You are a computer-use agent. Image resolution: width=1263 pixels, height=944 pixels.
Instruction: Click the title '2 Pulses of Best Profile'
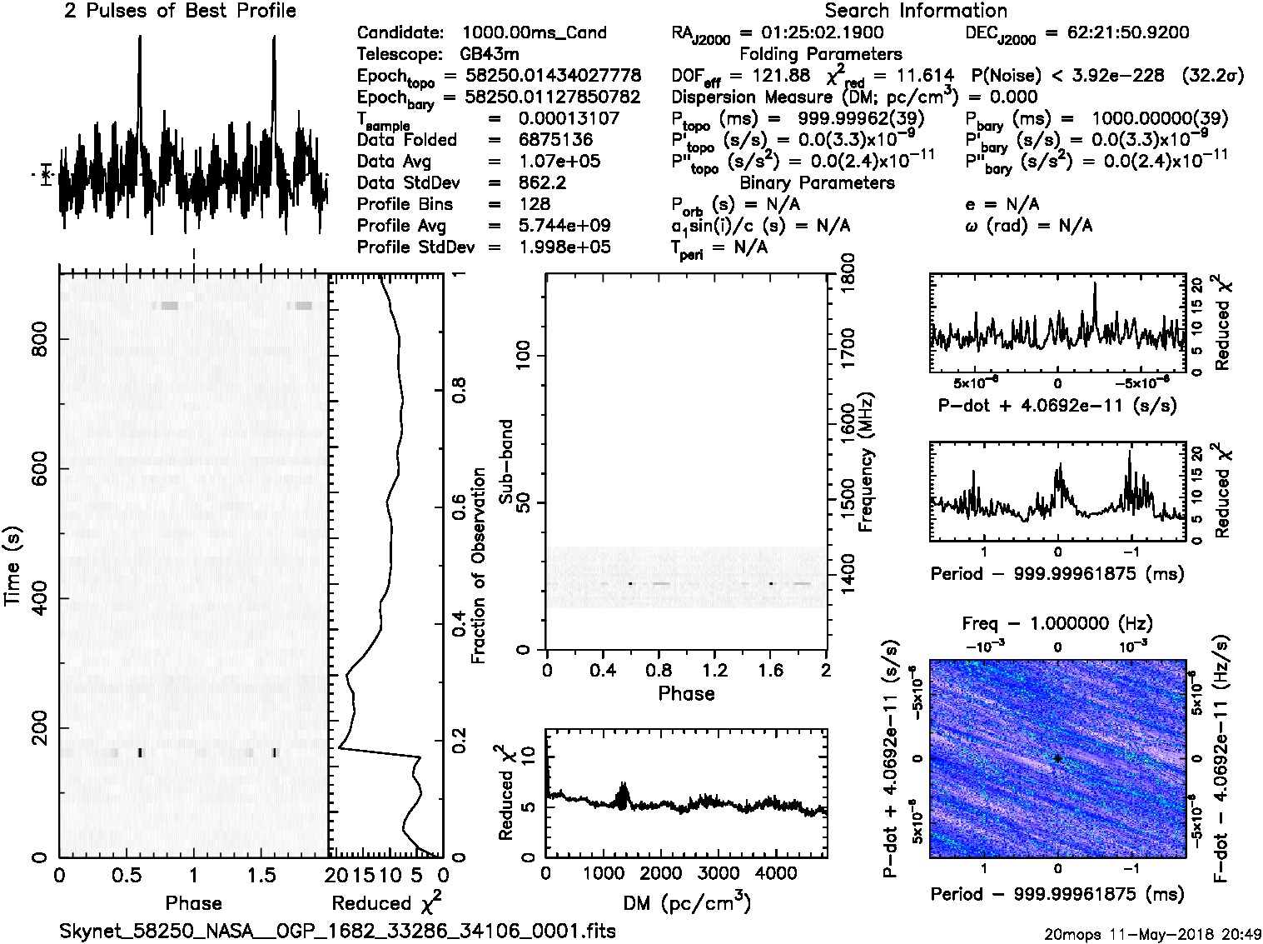click(x=180, y=11)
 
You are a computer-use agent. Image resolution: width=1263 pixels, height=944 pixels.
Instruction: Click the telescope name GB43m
click(x=490, y=54)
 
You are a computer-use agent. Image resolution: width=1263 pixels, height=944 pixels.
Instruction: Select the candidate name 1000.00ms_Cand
click(x=534, y=32)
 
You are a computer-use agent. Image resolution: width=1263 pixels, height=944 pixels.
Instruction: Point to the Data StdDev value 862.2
click(x=542, y=182)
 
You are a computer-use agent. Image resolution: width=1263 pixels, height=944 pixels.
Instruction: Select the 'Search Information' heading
click(x=916, y=11)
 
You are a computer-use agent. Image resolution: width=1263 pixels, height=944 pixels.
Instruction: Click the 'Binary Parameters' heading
click(x=817, y=182)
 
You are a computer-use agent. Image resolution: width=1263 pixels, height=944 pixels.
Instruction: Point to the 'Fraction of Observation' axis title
click(x=479, y=566)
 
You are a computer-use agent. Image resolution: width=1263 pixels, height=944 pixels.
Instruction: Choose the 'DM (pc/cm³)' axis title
click(x=686, y=903)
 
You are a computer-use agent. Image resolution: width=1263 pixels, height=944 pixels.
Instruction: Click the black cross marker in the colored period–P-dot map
click(x=1057, y=758)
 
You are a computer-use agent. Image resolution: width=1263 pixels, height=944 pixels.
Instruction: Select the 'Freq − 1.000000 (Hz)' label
click(x=1057, y=623)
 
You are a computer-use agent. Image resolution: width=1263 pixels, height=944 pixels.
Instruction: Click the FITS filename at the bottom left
click(x=337, y=931)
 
